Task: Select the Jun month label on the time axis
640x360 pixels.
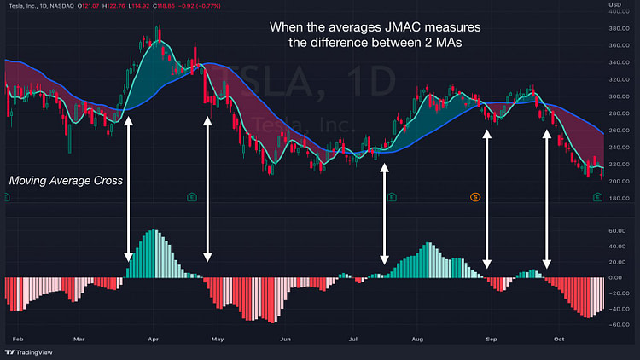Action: [x=285, y=338]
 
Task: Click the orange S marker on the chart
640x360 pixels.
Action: [x=477, y=197]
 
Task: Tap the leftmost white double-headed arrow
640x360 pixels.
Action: [x=129, y=189]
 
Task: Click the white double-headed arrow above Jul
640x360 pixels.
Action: [x=384, y=213]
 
